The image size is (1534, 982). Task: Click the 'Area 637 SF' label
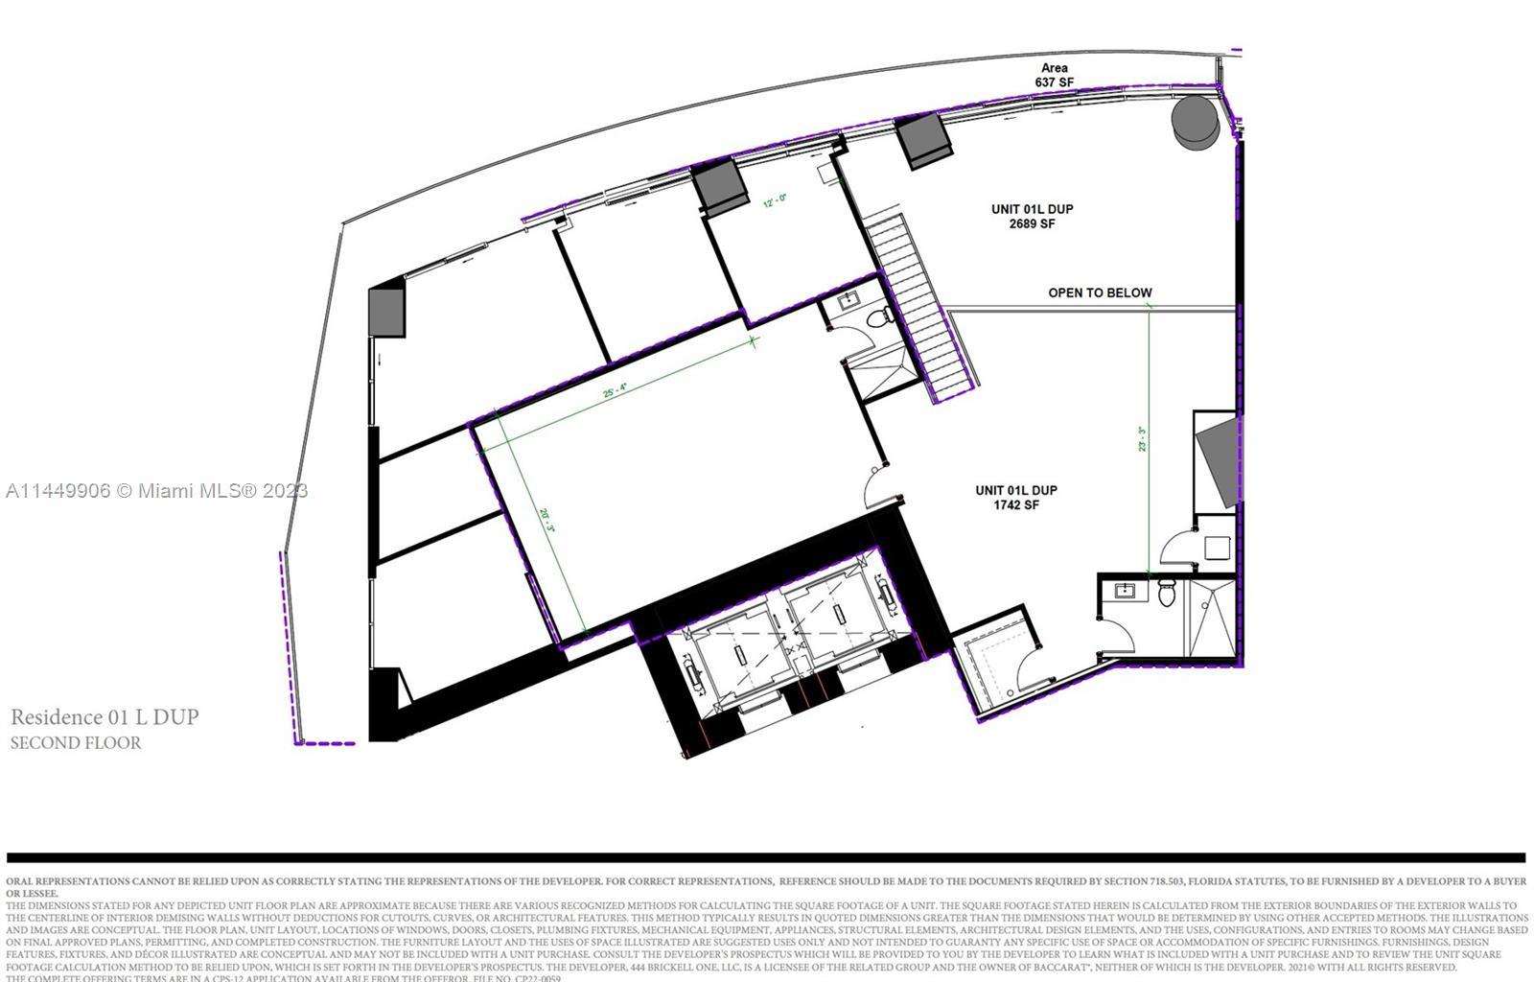click(x=1054, y=75)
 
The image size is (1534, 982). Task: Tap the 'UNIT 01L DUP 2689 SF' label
click(x=1032, y=216)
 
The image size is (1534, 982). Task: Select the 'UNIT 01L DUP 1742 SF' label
click(x=1016, y=497)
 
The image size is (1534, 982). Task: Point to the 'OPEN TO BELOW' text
click(x=1100, y=292)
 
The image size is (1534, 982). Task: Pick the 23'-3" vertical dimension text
click(x=1142, y=439)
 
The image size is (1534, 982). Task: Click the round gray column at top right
click(x=1196, y=122)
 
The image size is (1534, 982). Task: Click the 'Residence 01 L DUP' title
click(x=105, y=716)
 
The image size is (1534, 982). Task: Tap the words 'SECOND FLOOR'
click(x=76, y=742)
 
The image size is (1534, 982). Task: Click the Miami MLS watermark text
click(x=156, y=491)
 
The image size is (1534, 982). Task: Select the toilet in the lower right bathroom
click(x=1167, y=594)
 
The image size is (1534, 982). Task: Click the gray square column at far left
click(x=386, y=311)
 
